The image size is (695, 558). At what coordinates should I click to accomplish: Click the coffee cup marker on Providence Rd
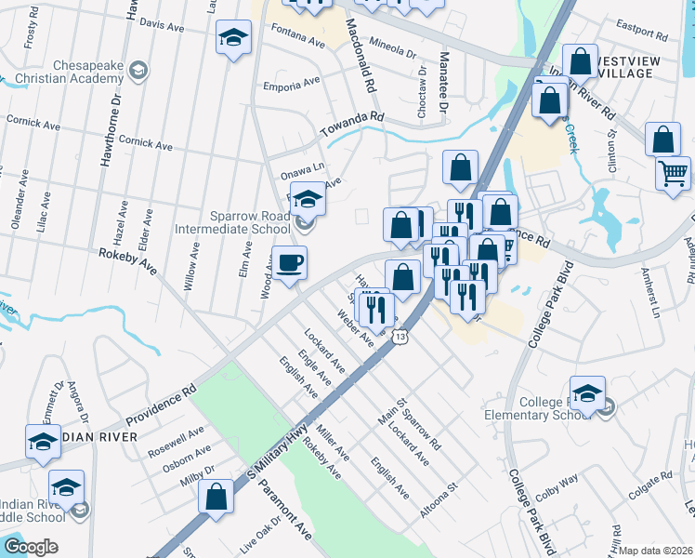tap(289, 263)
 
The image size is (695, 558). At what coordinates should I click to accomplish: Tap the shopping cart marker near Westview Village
tap(673, 172)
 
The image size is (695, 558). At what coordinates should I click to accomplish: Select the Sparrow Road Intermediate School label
tap(233, 221)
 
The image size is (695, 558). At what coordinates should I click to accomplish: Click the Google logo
tap(31, 547)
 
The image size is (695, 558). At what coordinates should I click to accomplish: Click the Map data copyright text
tap(655, 550)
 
